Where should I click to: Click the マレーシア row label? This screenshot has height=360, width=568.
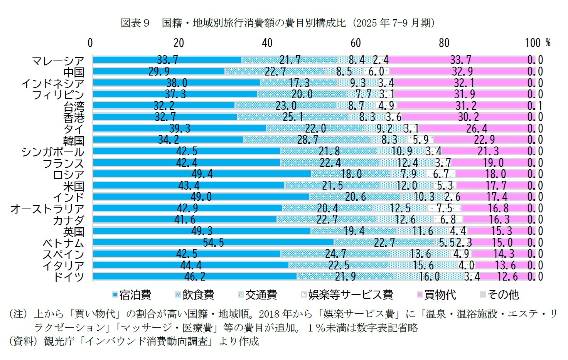coord(58,61)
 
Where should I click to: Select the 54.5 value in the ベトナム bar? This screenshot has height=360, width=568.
coord(213,242)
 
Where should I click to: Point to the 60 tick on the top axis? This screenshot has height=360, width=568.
coord(356,43)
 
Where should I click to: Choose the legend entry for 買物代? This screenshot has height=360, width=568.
coord(437,295)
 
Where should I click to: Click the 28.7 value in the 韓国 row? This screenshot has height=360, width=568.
coord(308,140)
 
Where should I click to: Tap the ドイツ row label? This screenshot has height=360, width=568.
coord(69,277)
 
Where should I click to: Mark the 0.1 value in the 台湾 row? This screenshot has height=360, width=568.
coord(535,106)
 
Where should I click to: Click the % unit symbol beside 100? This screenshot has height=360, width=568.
coord(548,43)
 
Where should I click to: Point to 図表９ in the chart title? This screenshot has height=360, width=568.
coord(135,23)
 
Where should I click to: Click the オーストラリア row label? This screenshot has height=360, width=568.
coord(47,209)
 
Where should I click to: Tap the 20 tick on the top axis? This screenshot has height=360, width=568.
coord(179,43)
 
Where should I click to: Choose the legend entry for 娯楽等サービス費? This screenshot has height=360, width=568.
coord(347,295)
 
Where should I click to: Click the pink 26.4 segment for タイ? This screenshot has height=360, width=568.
coord(477,128)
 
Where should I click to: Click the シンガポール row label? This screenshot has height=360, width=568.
coord(53,151)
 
